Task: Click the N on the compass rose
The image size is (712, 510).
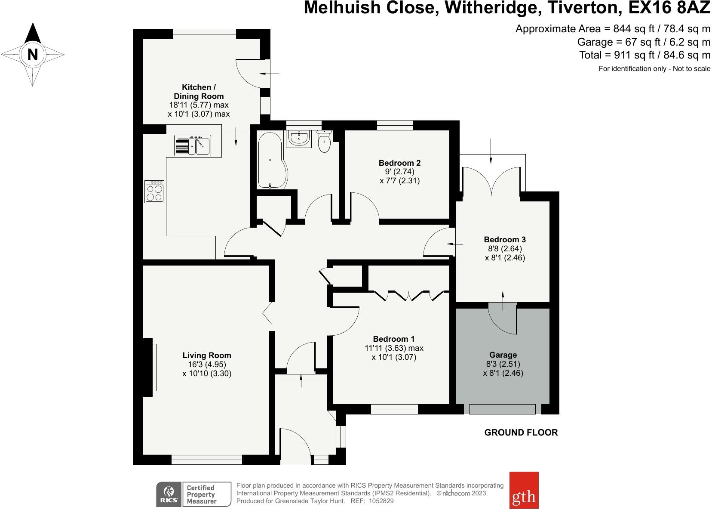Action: [33, 55]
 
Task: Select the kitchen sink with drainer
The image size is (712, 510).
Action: [192, 145]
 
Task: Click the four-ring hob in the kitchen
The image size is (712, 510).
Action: [155, 192]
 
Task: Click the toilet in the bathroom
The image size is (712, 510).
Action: [324, 142]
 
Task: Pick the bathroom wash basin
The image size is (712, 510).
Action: [298, 138]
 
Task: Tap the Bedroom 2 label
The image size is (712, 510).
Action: [399, 163]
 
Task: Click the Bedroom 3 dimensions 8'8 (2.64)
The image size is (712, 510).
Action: [504, 249]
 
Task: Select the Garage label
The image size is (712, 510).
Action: [503, 355]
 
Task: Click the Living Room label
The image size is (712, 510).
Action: [207, 355]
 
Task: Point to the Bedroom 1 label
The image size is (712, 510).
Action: [394, 339]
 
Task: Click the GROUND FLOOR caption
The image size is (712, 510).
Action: [521, 433]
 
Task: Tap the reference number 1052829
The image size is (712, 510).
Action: [379, 501]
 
